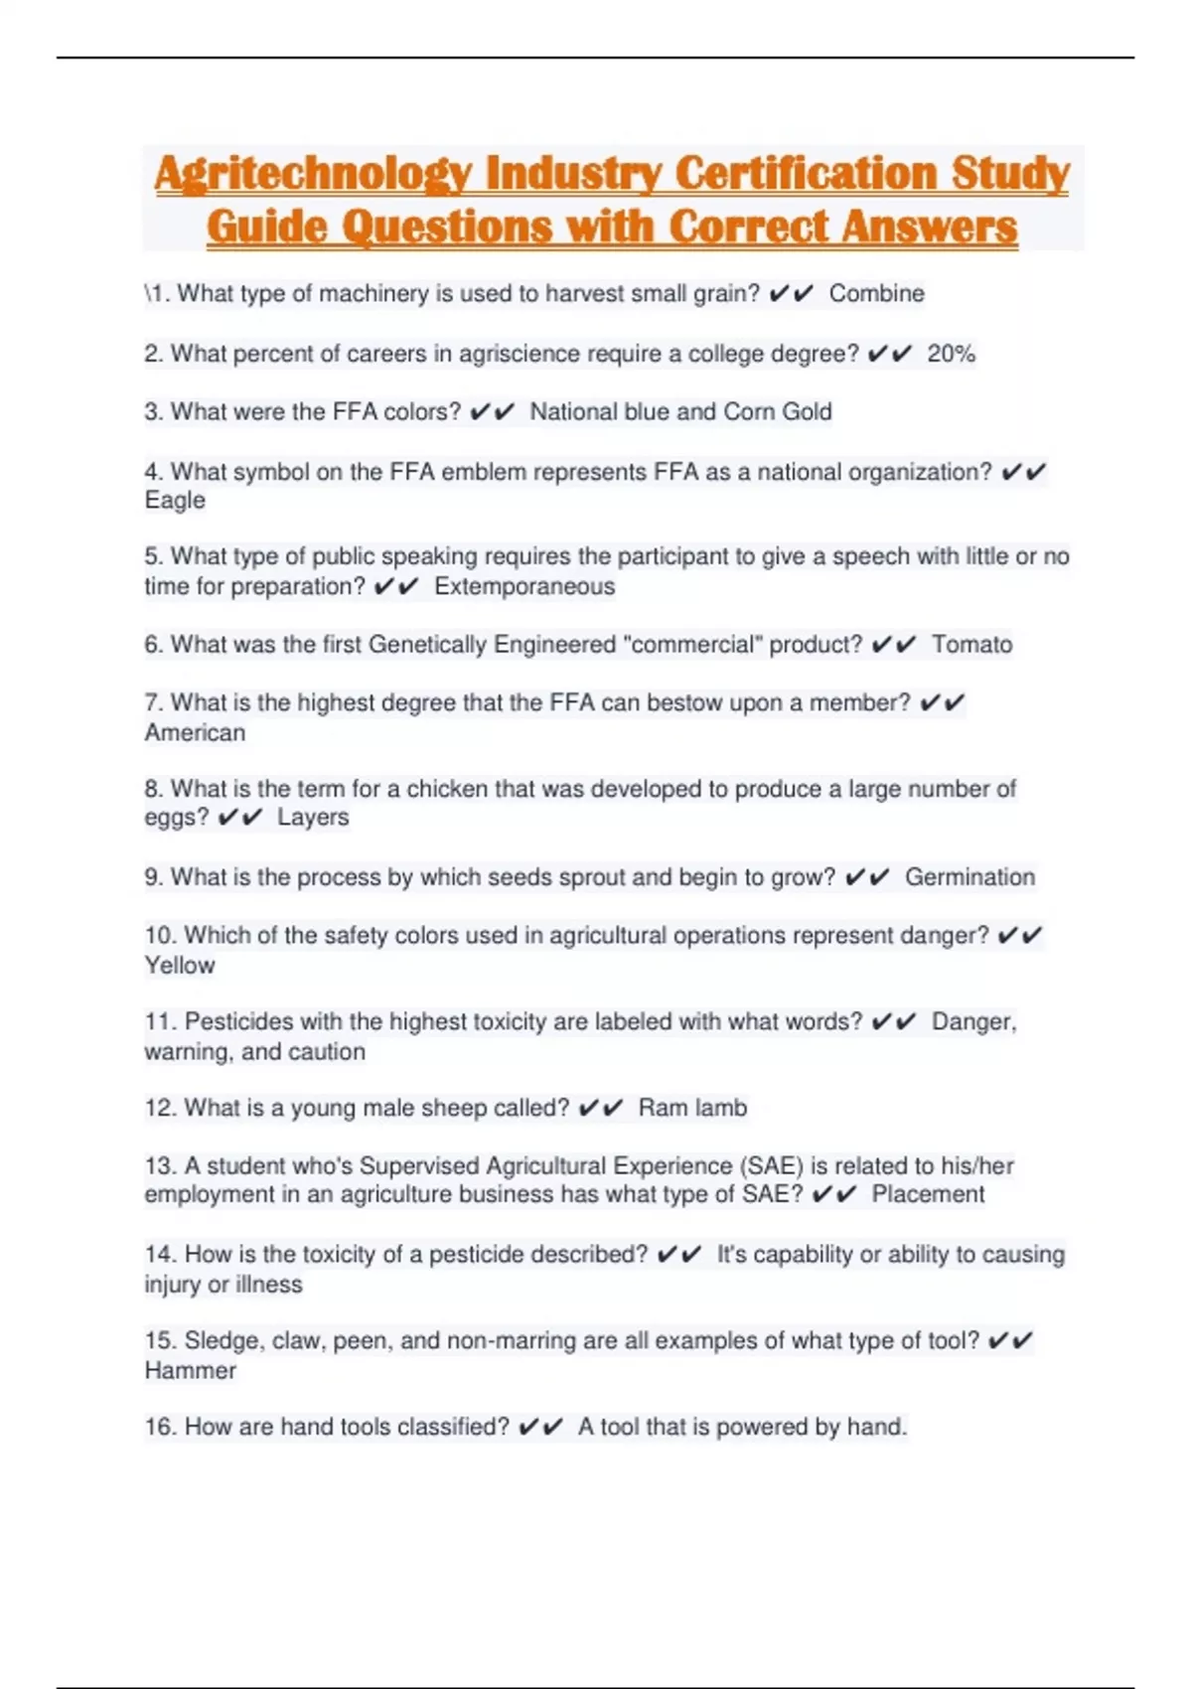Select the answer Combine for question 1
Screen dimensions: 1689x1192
(876, 294)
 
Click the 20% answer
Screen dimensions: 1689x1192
(951, 354)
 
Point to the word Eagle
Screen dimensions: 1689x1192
(175, 501)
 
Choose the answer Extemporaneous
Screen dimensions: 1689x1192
(524, 587)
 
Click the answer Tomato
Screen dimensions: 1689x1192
(971, 645)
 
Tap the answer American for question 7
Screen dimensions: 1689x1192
(195, 733)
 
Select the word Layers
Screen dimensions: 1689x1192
(313, 818)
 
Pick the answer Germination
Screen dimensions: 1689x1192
(969, 877)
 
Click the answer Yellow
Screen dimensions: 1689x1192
(180, 966)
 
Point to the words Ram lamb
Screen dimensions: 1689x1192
(692, 1108)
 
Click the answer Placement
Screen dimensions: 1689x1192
(928, 1194)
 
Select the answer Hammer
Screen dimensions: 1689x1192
(191, 1371)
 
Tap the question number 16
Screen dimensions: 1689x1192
(160, 1428)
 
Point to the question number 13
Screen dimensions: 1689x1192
(160, 1166)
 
